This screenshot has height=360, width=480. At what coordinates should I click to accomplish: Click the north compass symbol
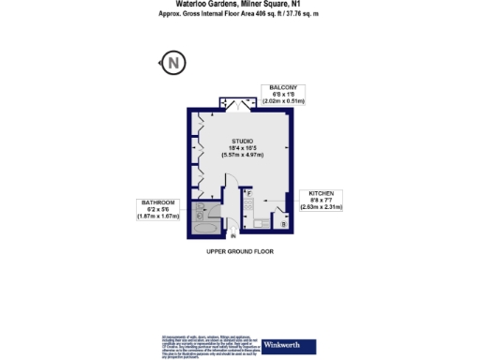click(x=174, y=65)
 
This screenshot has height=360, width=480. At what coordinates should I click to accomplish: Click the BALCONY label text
click(x=284, y=85)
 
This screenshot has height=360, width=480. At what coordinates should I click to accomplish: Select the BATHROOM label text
click(x=158, y=202)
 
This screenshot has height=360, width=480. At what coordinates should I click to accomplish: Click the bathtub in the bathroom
click(x=205, y=226)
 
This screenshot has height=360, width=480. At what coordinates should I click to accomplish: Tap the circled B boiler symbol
click(x=284, y=224)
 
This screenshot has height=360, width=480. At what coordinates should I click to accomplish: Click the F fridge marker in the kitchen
click(x=249, y=192)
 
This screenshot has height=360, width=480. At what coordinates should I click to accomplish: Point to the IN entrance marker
click(x=233, y=236)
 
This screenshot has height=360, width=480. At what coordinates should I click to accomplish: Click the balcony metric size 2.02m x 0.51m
click(x=284, y=99)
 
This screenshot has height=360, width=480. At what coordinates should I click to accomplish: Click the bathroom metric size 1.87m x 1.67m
click(x=158, y=217)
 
